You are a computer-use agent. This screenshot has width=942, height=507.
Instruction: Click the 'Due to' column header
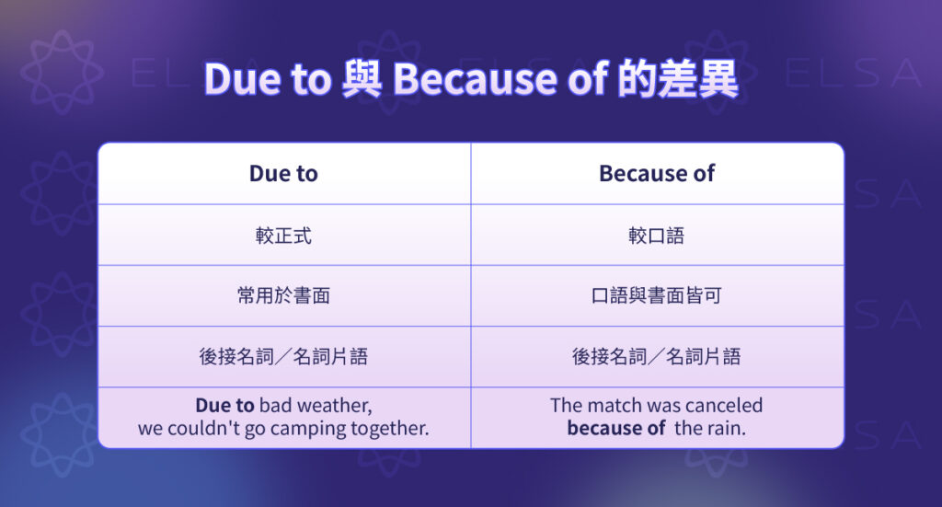pyautogui.click(x=283, y=173)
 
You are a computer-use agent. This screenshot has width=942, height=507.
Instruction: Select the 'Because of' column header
pyautogui.click(x=656, y=173)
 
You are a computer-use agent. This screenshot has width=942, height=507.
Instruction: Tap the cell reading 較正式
pyautogui.click(x=283, y=236)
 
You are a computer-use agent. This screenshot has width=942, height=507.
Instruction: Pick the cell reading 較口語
pyautogui.click(x=656, y=236)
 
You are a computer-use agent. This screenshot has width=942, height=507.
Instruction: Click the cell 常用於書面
pyautogui.click(x=283, y=296)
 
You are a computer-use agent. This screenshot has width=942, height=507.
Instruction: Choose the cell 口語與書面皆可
pyautogui.click(x=656, y=296)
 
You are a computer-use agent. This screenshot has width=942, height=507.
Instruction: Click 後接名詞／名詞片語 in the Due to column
pyautogui.click(x=283, y=357)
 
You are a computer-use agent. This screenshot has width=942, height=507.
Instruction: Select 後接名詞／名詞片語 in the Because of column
pyautogui.click(x=656, y=357)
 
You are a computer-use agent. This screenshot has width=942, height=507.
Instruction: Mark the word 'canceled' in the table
pyautogui.click(x=723, y=406)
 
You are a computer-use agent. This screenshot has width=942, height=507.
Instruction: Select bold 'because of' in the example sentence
pyautogui.click(x=615, y=429)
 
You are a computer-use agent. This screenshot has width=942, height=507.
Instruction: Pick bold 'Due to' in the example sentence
pyautogui.click(x=224, y=406)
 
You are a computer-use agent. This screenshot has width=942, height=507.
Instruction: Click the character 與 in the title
pyautogui.click(x=361, y=80)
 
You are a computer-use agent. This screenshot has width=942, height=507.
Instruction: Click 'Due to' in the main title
pyautogui.click(x=267, y=80)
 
